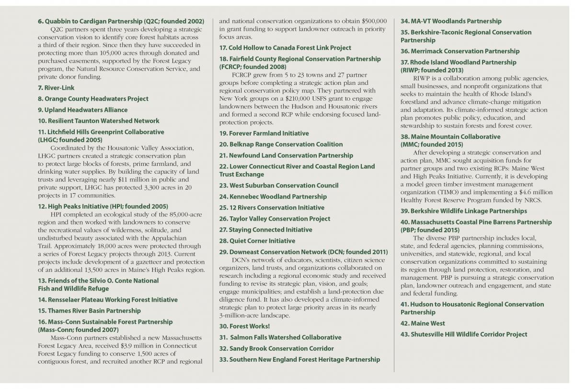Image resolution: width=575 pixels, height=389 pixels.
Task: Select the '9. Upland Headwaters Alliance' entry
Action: [82, 110]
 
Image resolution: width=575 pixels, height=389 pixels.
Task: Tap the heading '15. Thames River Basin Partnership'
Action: [89, 311]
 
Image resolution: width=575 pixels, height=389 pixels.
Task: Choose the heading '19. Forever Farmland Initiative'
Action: [264, 133]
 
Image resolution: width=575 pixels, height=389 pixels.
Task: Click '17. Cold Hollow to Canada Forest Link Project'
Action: [285, 48]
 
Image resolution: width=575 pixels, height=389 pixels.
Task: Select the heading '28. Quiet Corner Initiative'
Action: [257, 241]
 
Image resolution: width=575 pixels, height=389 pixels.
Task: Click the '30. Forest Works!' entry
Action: [244, 326]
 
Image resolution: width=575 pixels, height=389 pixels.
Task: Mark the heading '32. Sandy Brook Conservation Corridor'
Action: [276, 348]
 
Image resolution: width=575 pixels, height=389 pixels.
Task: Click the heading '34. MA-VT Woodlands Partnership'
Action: [451, 21]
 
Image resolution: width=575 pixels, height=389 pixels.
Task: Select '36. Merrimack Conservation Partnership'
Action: [460, 51]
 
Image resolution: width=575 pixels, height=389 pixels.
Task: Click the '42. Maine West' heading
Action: [423, 323]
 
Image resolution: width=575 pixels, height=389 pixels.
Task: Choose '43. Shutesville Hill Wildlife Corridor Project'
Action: [463, 334]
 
